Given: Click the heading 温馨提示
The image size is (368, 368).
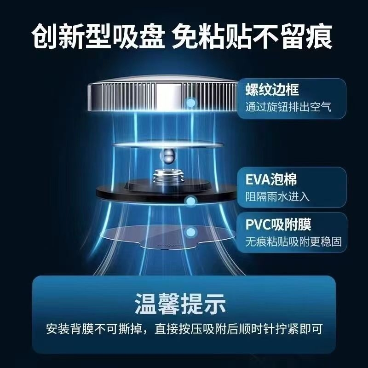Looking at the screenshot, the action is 180,304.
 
